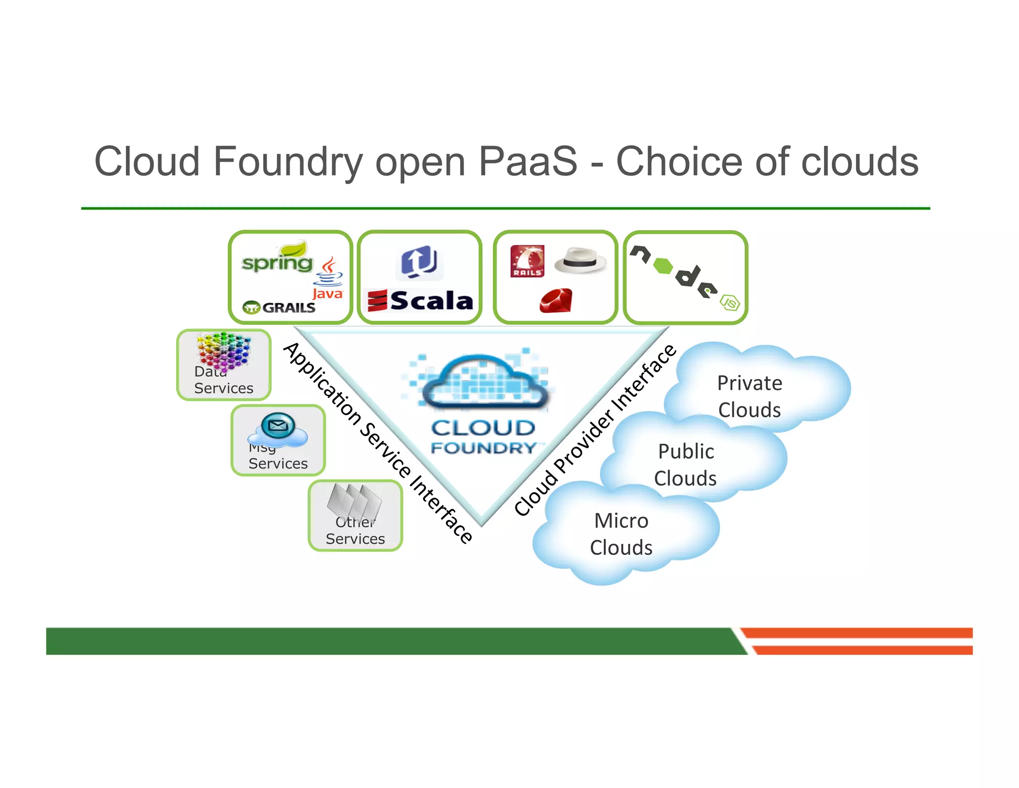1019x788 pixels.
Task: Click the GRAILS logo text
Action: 288,307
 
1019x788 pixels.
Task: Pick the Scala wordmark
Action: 431,301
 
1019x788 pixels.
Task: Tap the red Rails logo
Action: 527,261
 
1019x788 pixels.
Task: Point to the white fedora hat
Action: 580,261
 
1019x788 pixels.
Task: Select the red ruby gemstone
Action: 556,301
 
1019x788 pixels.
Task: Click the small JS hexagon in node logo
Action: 730,302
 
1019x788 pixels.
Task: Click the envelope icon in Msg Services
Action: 278,425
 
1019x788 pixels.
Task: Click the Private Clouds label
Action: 749,396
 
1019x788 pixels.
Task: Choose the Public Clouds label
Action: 685,465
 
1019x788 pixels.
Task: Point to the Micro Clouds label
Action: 621,534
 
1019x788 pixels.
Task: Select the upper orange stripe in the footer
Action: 856,633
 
